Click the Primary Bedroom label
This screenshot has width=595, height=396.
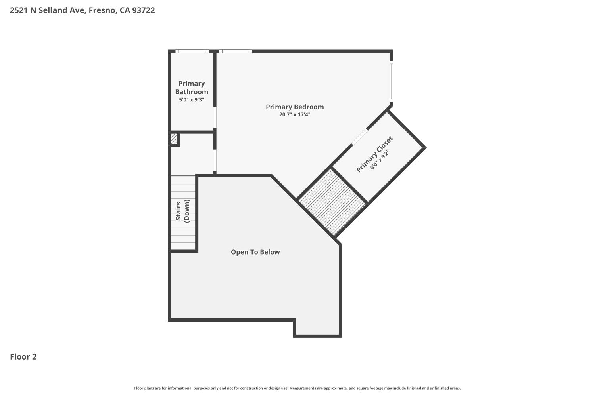click(x=295, y=107)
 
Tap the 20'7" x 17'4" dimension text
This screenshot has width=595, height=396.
click(x=295, y=115)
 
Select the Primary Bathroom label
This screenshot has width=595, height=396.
click(x=192, y=88)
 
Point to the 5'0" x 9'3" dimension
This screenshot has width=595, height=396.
click(x=192, y=100)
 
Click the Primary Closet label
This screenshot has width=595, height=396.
click(x=374, y=154)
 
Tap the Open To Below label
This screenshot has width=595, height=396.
click(x=255, y=252)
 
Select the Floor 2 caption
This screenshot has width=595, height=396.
click(x=23, y=357)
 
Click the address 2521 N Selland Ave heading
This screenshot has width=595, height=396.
click(x=48, y=10)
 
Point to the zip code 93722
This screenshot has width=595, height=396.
click(x=143, y=10)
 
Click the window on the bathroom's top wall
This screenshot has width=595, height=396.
click(x=192, y=51)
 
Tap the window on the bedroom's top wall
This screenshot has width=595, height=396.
click(x=235, y=51)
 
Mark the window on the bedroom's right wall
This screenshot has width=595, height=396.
click(x=391, y=81)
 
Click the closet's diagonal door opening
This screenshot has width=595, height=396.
click(x=360, y=137)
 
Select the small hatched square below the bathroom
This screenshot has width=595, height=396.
click(x=174, y=139)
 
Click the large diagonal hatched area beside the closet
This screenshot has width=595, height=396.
click(x=332, y=202)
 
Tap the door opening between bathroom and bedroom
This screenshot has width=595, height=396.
click(x=215, y=117)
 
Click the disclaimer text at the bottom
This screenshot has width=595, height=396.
click(x=297, y=388)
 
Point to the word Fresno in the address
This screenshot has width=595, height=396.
click(x=102, y=10)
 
